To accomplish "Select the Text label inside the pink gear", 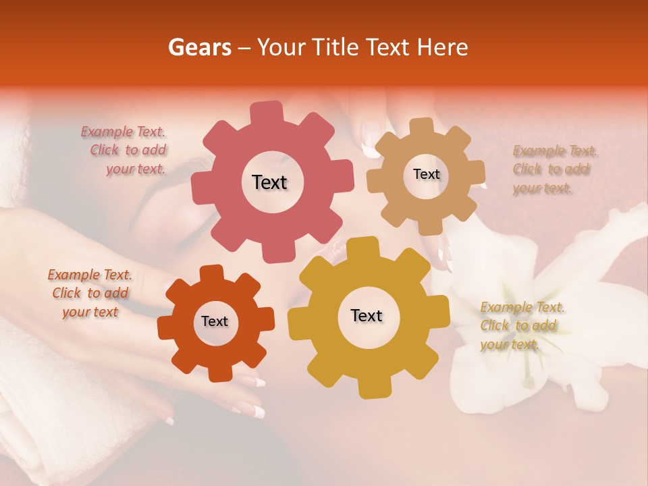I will (x=269, y=182).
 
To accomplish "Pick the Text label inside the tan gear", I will (x=426, y=174).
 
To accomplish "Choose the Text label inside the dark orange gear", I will (x=215, y=321).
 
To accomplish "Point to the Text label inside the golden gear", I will (x=367, y=315).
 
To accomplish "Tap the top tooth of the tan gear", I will (x=423, y=126).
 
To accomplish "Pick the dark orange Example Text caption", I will (x=90, y=293).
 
